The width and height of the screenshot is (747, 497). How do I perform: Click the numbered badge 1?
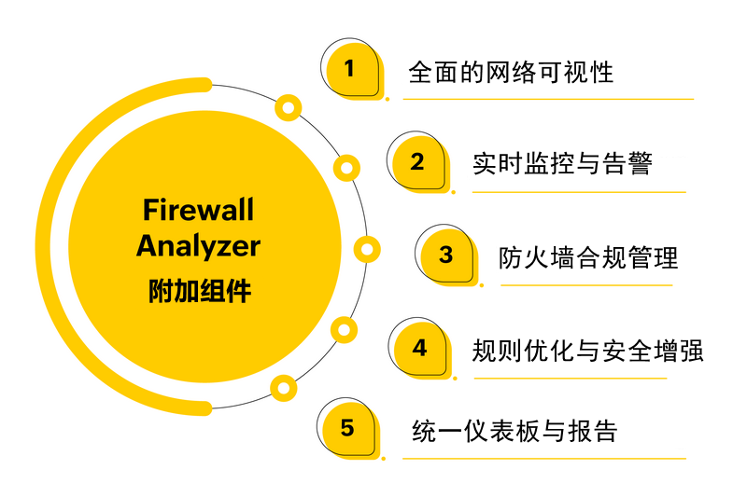pos(351,69)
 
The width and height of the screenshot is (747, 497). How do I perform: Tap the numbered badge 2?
pos(418,162)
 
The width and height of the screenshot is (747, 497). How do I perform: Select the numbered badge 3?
pos(446,255)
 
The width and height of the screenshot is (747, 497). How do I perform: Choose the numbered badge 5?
pos(348,429)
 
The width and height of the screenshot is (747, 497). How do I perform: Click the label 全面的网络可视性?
pos(511,72)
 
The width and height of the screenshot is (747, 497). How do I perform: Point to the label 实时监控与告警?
pos(562,164)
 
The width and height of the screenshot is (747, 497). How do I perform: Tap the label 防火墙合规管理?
pos(588,257)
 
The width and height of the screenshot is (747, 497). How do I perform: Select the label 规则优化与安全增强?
pos(587,351)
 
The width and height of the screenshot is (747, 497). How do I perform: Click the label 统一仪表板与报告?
pos(514,431)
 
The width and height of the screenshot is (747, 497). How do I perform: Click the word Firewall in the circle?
pos(198,209)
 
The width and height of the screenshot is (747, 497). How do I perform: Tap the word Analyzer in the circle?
pos(198,247)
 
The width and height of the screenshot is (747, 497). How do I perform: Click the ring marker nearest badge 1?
pos(289,108)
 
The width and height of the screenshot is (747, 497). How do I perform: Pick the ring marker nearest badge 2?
pos(346,168)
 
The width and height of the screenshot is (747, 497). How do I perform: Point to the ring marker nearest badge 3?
pos(368,249)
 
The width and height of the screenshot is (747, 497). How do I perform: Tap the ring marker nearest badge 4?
pos(345,329)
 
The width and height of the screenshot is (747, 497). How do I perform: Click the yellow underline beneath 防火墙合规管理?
pos(585,284)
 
